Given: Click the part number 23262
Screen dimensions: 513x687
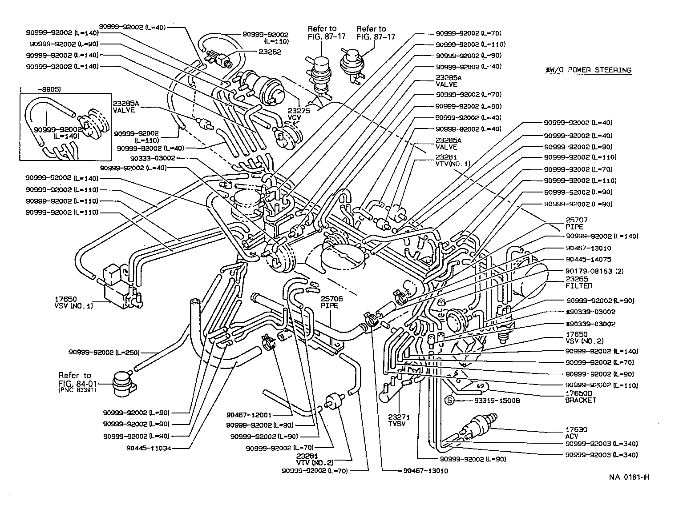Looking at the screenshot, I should pos(270,52).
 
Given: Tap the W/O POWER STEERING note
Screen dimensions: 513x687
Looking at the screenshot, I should pos(588,70).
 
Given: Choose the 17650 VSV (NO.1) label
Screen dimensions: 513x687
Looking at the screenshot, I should pos(73,303).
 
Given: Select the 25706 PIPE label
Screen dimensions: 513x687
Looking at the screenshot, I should pos(329,302).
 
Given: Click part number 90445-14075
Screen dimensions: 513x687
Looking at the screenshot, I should pos(588,259).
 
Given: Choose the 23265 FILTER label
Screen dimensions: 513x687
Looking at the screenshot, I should pos(579,282).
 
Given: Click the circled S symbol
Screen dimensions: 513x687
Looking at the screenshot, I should pos(449,401).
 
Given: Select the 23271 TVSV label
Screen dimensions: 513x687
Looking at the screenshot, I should pos(399,421).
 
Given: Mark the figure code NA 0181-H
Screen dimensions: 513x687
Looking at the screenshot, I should pos(629,477).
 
